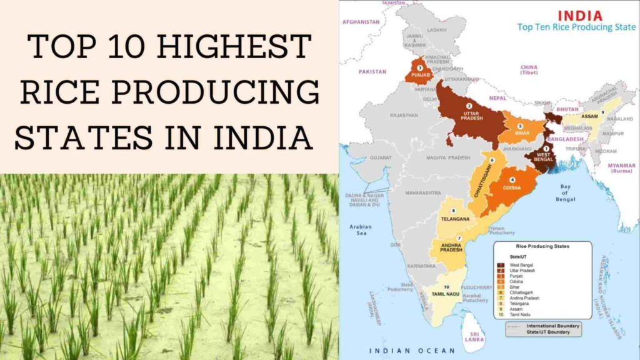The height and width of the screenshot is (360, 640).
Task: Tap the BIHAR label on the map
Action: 519,133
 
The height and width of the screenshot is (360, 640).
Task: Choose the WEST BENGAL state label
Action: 544,157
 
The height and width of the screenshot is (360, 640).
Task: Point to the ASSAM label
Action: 589,116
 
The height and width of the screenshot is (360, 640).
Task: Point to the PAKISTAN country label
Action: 372,71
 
